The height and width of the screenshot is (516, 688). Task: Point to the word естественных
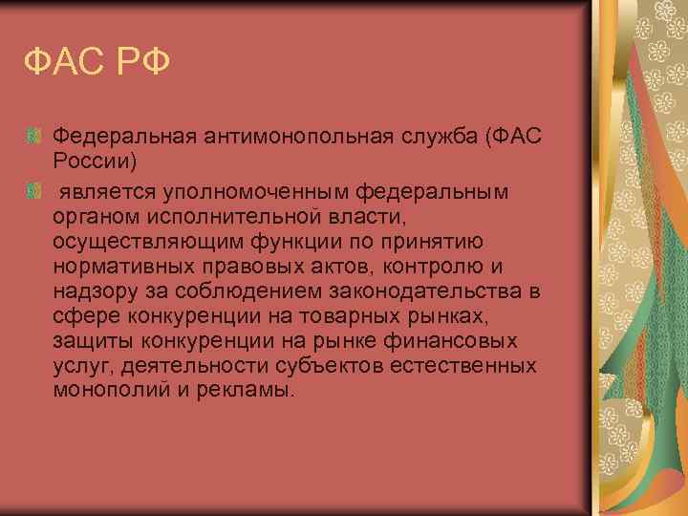click(464, 366)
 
